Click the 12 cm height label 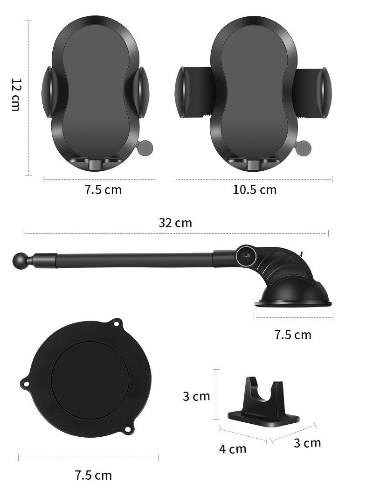pos(15,95)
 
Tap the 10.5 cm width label pos(255,190)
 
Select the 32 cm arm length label pos(175,223)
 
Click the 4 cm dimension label pos(233,449)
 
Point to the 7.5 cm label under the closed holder pos(103,190)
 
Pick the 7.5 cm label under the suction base pos(293,335)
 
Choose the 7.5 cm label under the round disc pos(93,476)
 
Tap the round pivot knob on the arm pos(246,255)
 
